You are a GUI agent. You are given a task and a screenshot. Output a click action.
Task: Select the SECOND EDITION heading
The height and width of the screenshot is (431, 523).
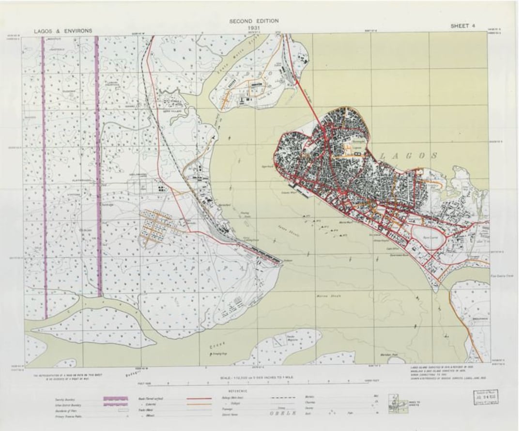(x=254, y=21)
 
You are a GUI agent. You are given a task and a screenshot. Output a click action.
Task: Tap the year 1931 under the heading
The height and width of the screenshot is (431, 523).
(x=254, y=28)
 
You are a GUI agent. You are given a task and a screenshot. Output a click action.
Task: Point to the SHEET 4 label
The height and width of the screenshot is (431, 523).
(x=460, y=26)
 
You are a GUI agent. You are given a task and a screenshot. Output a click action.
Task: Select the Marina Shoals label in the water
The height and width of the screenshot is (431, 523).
(x=325, y=296)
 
